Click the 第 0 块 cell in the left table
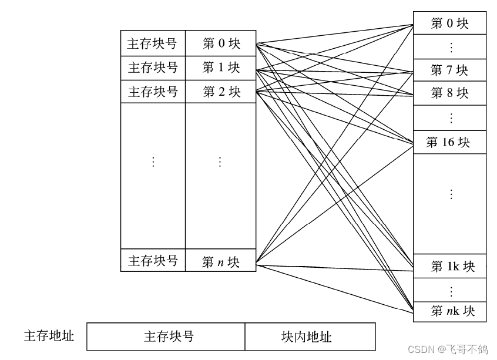click(x=221, y=43)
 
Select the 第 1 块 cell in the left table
click(x=221, y=68)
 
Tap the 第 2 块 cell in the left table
click(x=221, y=92)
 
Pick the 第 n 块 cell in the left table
click(x=221, y=261)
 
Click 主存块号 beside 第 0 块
click(x=153, y=43)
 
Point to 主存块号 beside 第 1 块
click(x=153, y=68)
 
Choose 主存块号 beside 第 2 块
click(x=153, y=92)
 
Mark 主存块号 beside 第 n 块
click(x=153, y=261)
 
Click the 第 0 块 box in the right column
click(x=449, y=23)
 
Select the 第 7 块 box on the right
click(x=449, y=70)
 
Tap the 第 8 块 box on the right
click(x=449, y=93)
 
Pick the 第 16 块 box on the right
click(x=449, y=142)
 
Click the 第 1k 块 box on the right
click(x=449, y=266)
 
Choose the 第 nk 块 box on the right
click(x=449, y=310)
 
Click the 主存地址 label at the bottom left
click(x=49, y=336)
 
